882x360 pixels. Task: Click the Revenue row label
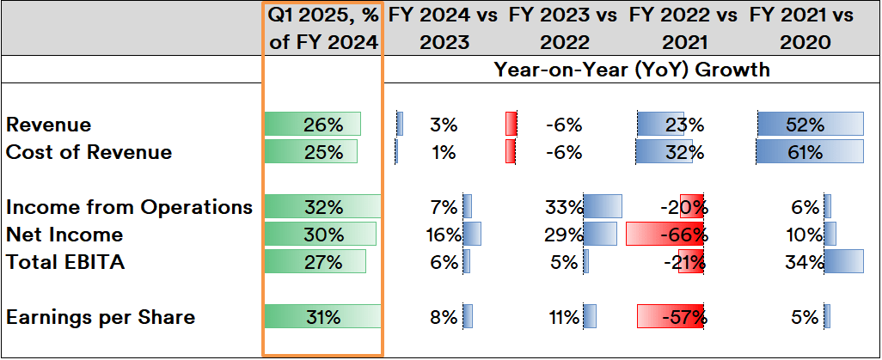(x=49, y=125)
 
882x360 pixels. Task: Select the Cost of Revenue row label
(x=89, y=152)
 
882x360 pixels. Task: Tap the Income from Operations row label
(x=129, y=207)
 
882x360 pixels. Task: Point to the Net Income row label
(x=64, y=235)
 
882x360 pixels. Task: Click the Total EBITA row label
(x=65, y=262)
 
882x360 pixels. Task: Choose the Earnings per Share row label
(x=101, y=317)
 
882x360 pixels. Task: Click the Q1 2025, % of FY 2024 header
(x=322, y=28)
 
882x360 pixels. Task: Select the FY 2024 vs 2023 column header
(x=444, y=28)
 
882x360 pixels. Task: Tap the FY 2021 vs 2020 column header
(x=805, y=28)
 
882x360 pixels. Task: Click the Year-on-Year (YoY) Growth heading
(x=632, y=70)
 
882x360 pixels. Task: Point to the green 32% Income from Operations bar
(x=322, y=207)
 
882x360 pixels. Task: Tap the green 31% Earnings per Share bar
(x=322, y=317)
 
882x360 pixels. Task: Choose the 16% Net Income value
(x=444, y=235)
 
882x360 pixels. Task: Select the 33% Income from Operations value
(x=564, y=207)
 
